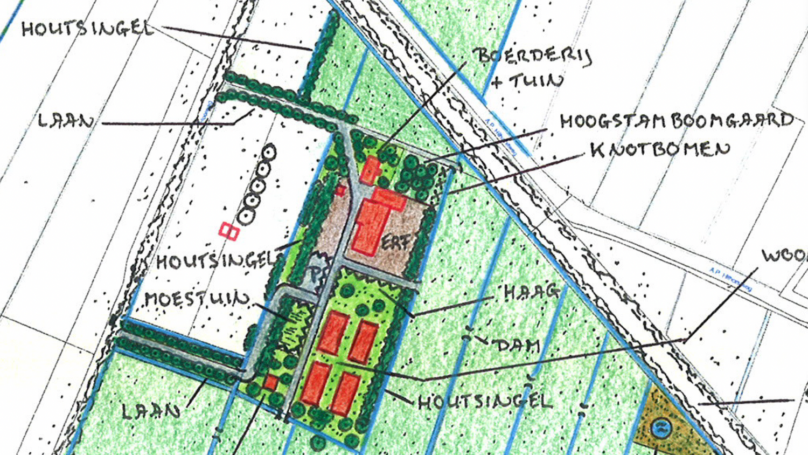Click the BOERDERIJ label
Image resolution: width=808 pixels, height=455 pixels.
532,56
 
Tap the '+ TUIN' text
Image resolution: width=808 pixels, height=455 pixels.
528,81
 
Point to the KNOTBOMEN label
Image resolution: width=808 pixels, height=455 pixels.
660,149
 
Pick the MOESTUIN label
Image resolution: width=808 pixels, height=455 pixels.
197,299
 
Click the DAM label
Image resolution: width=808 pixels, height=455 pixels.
518,346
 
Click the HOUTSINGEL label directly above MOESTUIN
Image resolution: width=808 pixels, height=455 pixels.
215,261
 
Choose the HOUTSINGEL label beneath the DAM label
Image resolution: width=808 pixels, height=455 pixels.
485,402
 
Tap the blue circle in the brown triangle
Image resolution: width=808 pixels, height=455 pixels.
661,429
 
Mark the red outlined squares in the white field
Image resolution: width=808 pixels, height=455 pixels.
229,231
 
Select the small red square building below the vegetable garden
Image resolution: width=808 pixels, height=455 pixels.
271,383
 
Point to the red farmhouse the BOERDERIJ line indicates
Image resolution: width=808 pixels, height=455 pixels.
370,170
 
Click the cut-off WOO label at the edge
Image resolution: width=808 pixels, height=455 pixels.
784,256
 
